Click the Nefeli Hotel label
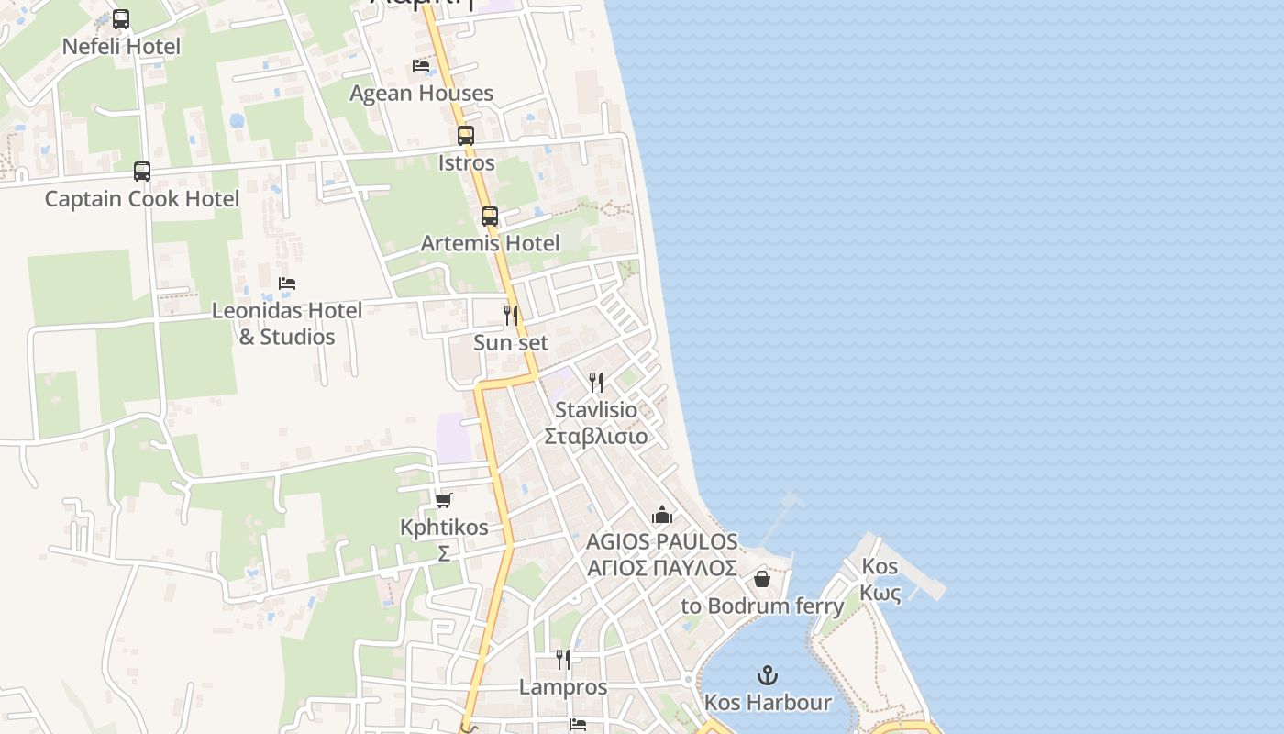coord(121,46)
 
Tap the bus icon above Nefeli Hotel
coord(121,18)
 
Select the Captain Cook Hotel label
coord(142,198)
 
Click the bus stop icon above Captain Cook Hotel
coord(142,172)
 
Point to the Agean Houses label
coord(421,93)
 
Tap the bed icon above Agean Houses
coord(421,66)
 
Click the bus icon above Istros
coord(466,136)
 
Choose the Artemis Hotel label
coord(490,243)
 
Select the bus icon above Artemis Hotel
coord(490,217)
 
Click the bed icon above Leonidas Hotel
coord(287,284)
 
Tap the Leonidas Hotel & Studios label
coord(287,323)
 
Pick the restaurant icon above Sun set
coord(511,316)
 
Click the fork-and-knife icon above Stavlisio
coord(596,383)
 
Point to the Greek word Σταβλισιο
coord(596,436)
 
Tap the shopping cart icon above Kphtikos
coord(444,500)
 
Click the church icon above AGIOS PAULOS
coord(662,515)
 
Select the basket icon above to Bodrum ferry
coord(761,579)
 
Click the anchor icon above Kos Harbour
coord(768,676)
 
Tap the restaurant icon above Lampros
coord(563,660)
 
